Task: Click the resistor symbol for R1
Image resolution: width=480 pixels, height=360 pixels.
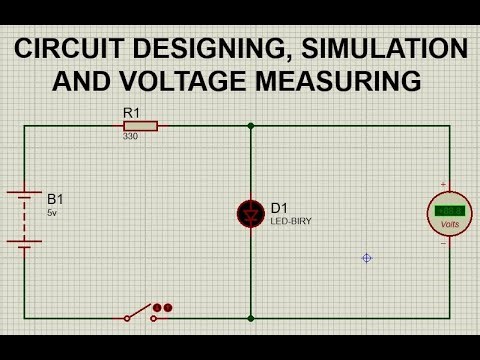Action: click(140, 126)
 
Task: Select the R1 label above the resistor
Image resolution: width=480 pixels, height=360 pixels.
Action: click(131, 113)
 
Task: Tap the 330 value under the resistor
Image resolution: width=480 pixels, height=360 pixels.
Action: click(130, 137)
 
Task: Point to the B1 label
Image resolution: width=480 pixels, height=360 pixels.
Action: click(55, 198)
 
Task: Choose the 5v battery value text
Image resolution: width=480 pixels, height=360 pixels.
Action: click(52, 212)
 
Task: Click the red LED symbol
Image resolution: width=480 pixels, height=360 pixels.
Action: click(250, 212)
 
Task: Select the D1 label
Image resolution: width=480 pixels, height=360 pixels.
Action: click(279, 207)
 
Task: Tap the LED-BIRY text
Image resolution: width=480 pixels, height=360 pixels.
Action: click(290, 220)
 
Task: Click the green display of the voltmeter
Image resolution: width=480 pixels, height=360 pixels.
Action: click(448, 211)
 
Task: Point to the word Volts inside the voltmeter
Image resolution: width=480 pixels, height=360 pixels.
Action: click(448, 224)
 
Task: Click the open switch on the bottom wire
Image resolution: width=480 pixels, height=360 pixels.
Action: click(140, 314)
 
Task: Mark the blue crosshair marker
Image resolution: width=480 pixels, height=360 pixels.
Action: click(367, 258)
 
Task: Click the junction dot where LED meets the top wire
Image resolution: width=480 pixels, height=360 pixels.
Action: click(250, 126)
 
